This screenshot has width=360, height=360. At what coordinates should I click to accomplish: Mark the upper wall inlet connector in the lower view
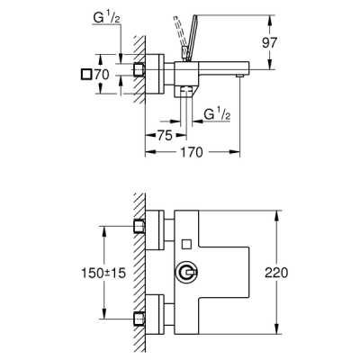(139, 224)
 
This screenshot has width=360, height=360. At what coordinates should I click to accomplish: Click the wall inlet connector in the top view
(139, 70)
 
